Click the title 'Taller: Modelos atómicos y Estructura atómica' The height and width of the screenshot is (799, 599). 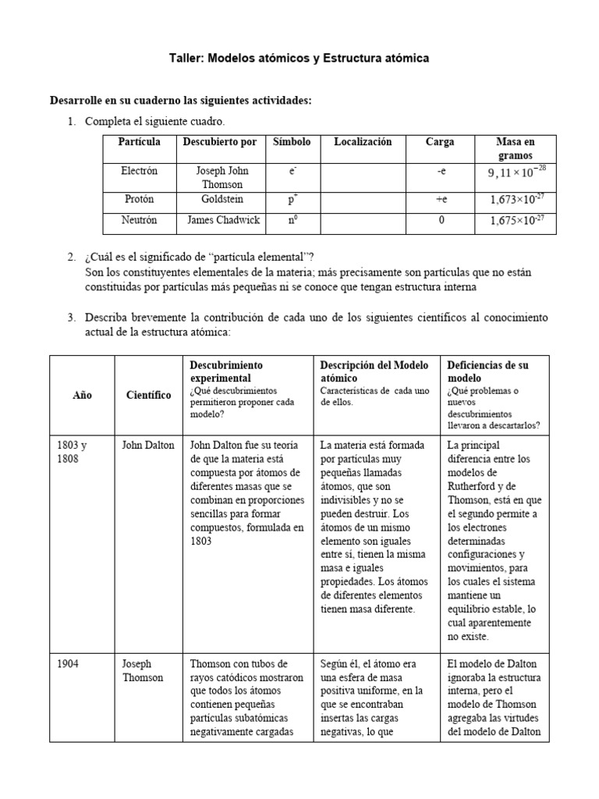(x=299, y=59)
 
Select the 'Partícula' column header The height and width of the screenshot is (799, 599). (x=139, y=142)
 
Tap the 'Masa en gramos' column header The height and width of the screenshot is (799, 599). (x=516, y=148)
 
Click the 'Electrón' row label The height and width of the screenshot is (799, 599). (x=139, y=169)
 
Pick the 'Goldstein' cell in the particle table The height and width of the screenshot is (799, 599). (x=222, y=200)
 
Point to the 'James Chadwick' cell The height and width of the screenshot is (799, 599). (x=222, y=220)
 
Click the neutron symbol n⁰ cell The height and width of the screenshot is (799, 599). (x=292, y=221)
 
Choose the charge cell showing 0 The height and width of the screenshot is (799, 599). (x=441, y=220)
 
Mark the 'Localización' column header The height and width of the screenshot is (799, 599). (x=363, y=142)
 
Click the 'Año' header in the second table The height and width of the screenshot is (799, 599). (x=82, y=395)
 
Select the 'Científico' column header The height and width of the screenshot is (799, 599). (x=148, y=395)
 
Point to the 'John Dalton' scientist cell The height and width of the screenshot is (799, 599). (x=148, y=446)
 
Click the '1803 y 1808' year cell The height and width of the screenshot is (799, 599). (x=72, y=452)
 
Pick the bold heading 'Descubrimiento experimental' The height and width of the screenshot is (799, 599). (x=226, y=371)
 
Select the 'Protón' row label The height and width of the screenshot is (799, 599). (x=139, y=200)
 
